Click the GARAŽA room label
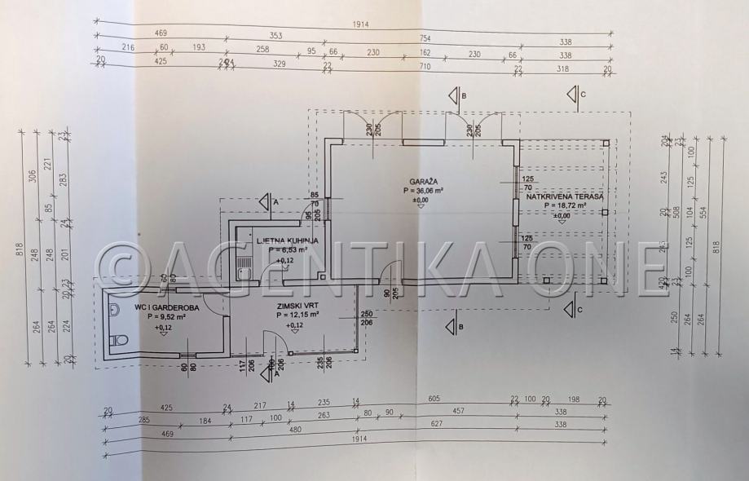[420, 181]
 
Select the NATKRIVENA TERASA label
[563, 196]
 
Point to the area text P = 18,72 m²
[563, 207]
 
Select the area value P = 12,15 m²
[297, 315]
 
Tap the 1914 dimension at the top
[361, 24]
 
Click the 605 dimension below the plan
[434, 399]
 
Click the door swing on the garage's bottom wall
[392, 271]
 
